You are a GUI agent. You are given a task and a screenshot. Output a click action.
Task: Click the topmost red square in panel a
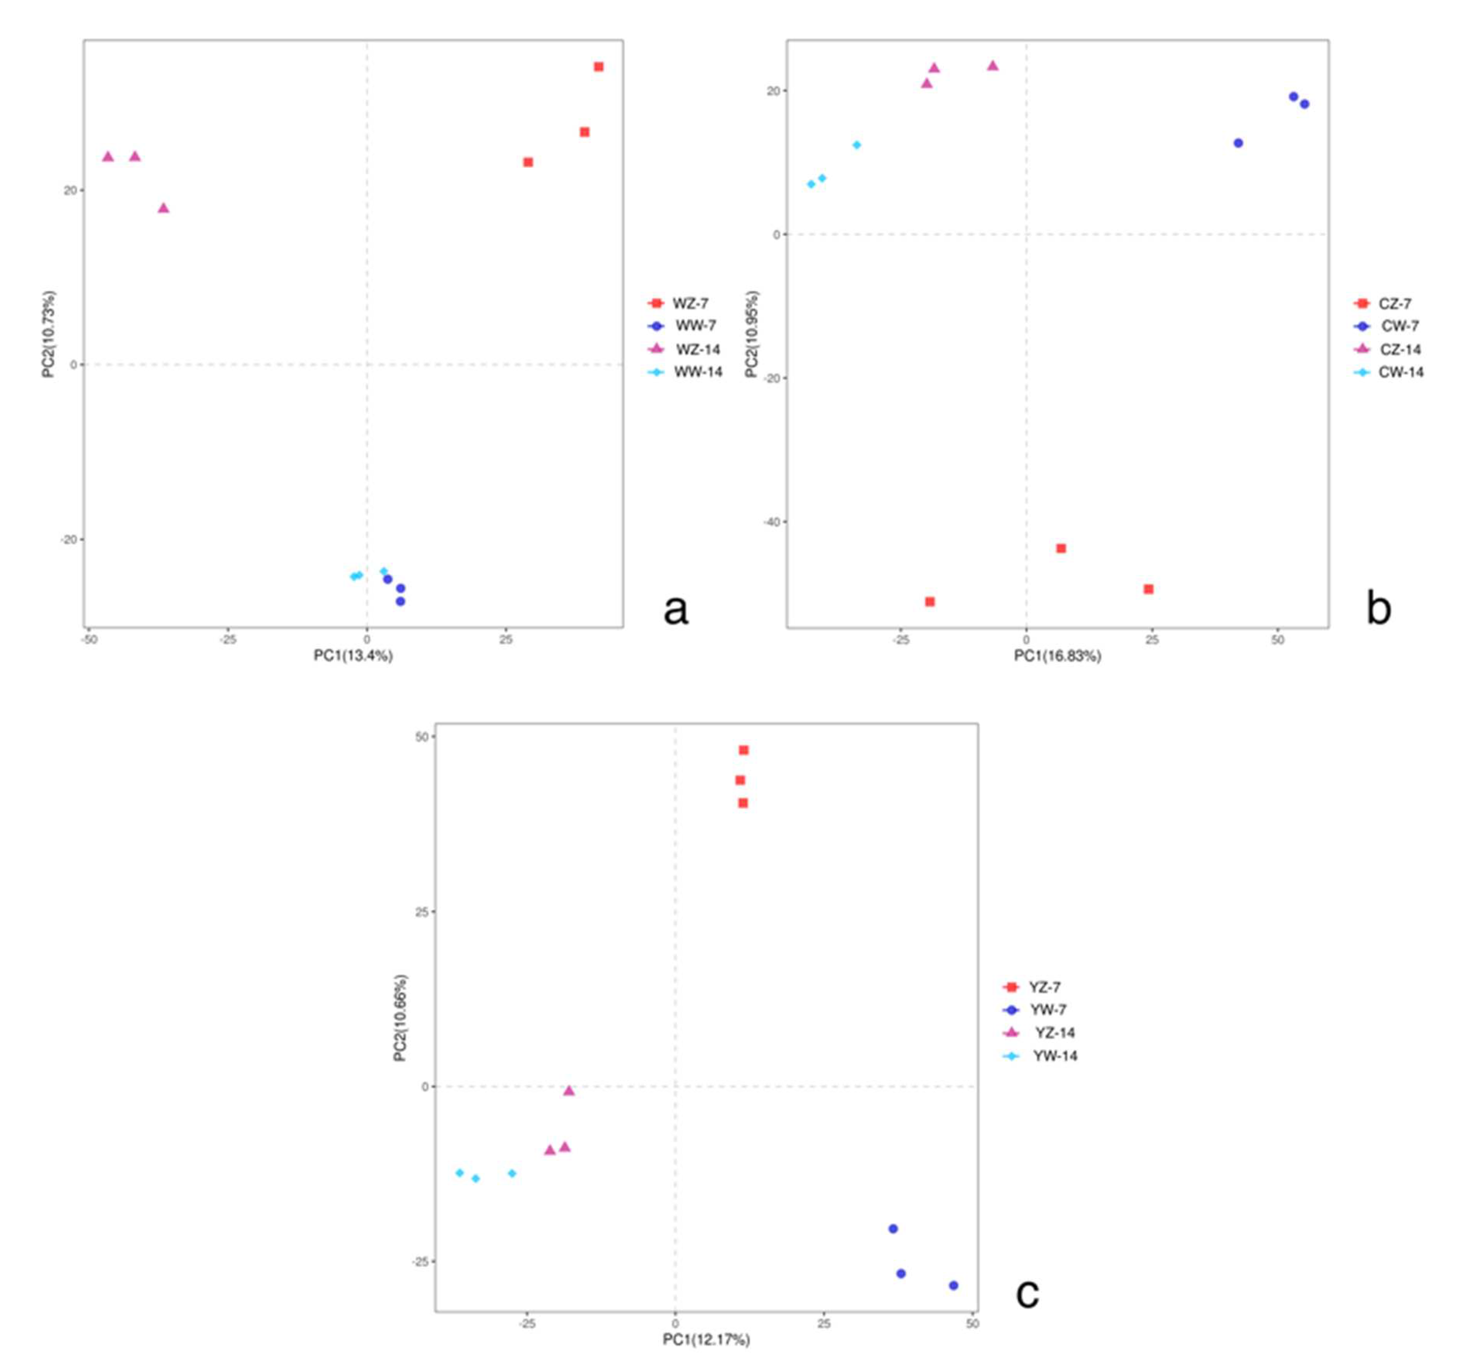tap(598, 67)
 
